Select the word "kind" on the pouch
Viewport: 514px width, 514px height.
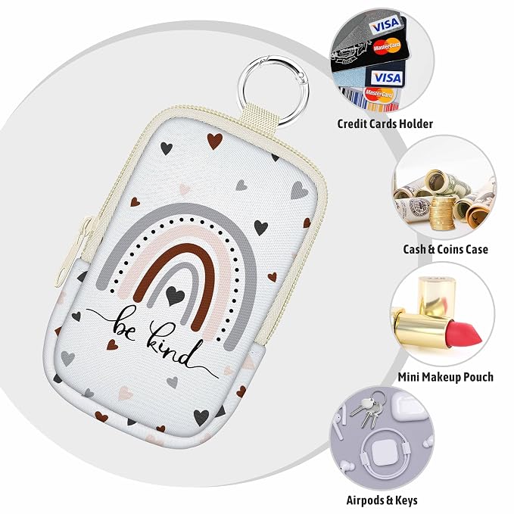pos(171,344)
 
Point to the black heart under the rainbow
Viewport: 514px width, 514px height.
pos(175,295)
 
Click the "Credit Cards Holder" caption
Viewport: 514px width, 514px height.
pos(385,124)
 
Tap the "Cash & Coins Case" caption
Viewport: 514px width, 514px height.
pos(445,250)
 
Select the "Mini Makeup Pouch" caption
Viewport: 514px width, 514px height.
pos(445,377)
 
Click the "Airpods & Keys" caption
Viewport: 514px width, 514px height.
pos(382,500)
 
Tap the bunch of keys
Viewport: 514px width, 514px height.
pos(368,410)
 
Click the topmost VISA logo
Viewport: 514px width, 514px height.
pos(385,25)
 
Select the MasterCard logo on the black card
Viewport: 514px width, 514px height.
pos(387,46)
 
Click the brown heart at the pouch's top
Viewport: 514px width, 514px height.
pos(215,141)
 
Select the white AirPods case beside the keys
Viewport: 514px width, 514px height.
pos(407,407)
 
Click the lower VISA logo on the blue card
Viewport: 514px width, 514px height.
pos(388,78)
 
